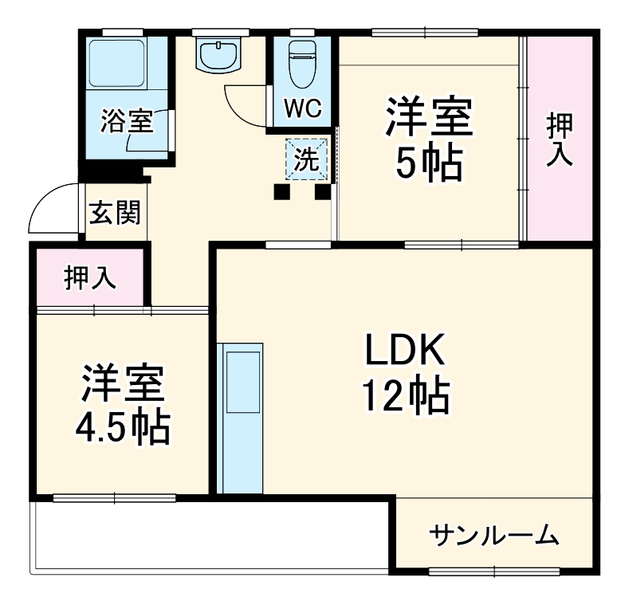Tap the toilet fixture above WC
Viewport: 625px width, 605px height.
tap(302, 64)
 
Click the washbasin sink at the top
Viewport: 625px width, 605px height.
tap(217, 55)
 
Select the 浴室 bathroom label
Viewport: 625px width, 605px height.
tap(127, 123)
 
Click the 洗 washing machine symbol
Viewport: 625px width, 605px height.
tap(307, 159)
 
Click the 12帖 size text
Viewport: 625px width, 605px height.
tap(405, 395)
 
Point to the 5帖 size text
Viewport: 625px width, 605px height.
tap(430, 165)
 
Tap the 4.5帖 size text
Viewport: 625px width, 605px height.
tap(122, 428)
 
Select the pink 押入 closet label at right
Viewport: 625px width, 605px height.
tap(560, 139)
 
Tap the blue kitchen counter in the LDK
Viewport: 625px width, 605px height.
tap(240, 418)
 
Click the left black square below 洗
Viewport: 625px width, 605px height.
tap(281, 191)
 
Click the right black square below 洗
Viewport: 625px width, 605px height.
tap(323, 191)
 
